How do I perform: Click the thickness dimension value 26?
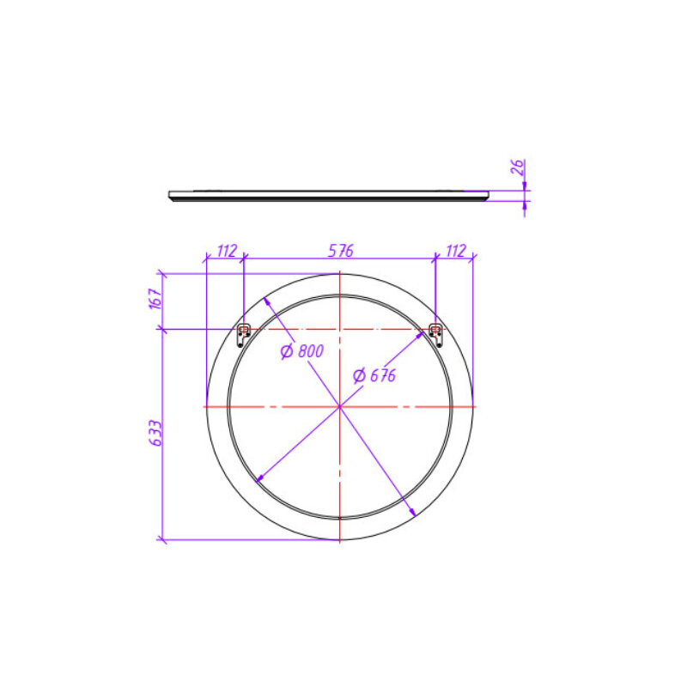pyautogui.click(x=518, y=167)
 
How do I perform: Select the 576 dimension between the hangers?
pyautogui.click(x=340, y=251)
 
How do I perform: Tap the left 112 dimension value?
pyautogui.click(x=227, y=251)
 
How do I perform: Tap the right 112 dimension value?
pyautogui.click(x=456, y=251)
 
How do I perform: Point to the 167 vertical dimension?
pyautogui.click(x=155, y=299)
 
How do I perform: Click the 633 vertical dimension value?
pyautogui.click(x=155, y=434)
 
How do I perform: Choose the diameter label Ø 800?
pyautogui.click(x=302, y=351)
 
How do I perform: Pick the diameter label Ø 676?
pyautogui.click(x=374, y=375)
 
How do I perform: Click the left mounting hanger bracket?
pyautogui.click(x=243, y=335)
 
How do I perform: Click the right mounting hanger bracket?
pyautogui.click(x=435, y=335)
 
